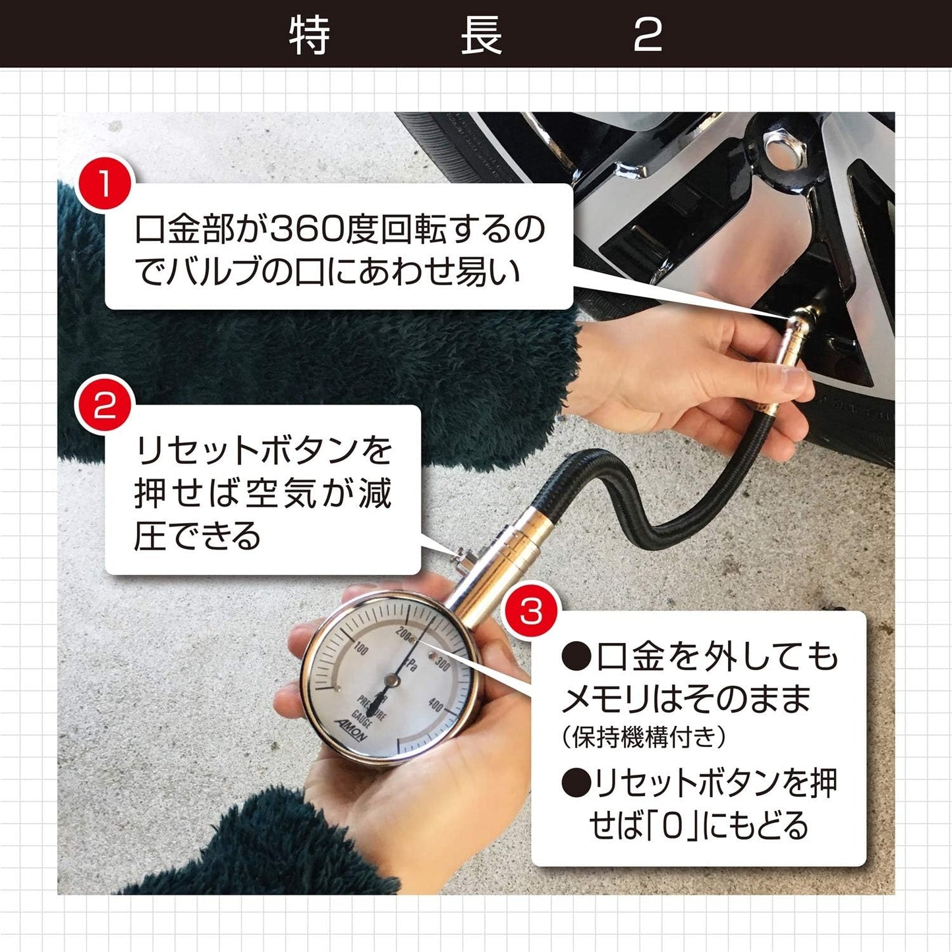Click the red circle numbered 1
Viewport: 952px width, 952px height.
104,185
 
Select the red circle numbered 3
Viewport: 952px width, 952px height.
531,611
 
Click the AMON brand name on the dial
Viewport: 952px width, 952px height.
356,729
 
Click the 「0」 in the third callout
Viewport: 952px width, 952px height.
671,826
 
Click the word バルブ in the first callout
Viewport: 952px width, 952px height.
212,271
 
